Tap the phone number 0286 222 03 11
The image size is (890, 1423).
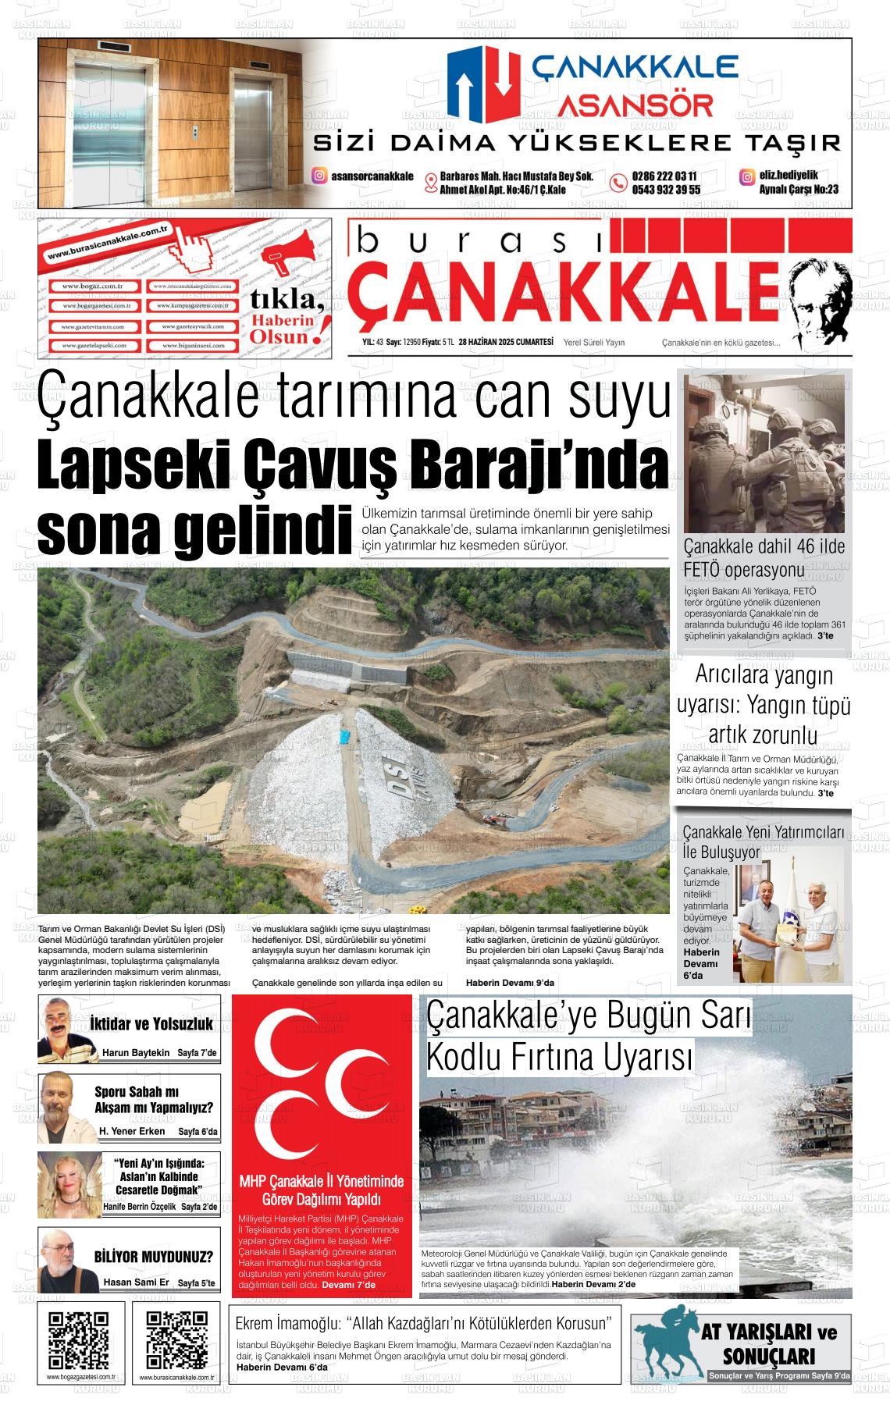click(664, 176)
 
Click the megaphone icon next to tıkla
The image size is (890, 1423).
click(289, 254)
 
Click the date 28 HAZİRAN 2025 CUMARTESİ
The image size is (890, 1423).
click(506, 342)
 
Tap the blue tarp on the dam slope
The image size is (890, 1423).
click(344, 736)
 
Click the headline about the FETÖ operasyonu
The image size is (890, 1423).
click(764, 557)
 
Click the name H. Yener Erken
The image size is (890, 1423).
click(132, 1130)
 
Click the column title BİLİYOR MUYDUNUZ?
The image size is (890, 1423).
click(153, 1258)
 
